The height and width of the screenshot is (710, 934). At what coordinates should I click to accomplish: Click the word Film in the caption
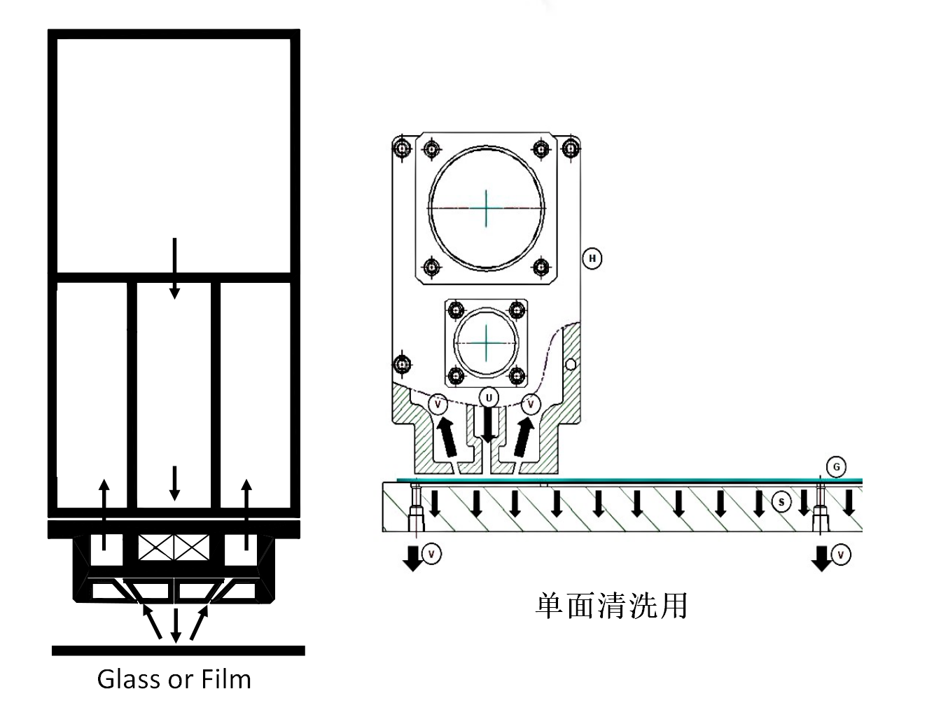click(x=226, y=679)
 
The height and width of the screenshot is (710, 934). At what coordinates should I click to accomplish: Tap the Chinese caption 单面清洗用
click(x=611, y=606)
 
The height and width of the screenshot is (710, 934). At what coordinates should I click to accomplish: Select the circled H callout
click(x=592, y=258)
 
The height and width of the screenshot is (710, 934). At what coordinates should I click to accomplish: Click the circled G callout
click(x=836, y=467)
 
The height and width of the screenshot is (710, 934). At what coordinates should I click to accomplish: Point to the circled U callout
click(x=489, y=398)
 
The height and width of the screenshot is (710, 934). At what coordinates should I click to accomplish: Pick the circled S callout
click(x=781, y=503)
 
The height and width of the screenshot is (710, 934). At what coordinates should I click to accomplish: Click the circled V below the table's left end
click(x=431, y=554)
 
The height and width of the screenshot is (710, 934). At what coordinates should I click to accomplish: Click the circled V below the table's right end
click(x=840, y=555)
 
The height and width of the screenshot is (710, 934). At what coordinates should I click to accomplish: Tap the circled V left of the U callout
click(x=438, y=404)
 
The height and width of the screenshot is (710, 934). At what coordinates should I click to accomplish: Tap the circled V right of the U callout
click(x=531, y=404)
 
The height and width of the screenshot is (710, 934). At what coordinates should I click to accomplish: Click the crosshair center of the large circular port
click(x=486, y=208)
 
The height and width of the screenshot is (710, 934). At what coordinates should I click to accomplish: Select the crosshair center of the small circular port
click(x=486, y=342)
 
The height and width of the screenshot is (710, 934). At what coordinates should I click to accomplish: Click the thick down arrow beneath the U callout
click(x=489, y=425)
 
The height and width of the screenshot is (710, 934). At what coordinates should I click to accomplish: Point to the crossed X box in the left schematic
click(x=174, y=548)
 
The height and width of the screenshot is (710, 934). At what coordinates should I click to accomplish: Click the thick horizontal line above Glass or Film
click(x=179, y=650)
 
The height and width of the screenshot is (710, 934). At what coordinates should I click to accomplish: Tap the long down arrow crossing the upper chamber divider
click(x=174, y=268)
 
